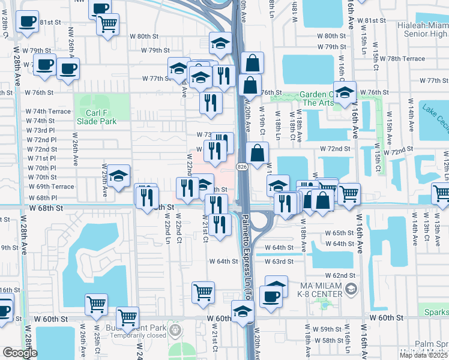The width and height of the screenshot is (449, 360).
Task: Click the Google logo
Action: point(20,353)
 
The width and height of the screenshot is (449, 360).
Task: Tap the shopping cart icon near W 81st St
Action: point(108,25)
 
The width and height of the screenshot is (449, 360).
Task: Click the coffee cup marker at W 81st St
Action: point(26,22)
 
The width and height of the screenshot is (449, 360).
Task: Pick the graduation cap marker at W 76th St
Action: point(345,92)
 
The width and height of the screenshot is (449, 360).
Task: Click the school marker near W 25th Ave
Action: point(119,176)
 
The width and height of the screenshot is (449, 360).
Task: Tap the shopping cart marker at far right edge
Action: point(442,194)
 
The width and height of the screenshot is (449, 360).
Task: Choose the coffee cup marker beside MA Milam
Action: point(270,296)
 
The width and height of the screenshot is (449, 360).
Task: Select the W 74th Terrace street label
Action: point(48,111)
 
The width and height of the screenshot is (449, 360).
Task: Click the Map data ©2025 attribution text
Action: point(424,355)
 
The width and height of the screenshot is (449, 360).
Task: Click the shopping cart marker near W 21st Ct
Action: point(203,292)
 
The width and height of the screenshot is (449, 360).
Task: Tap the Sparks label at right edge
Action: point(436,313)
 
